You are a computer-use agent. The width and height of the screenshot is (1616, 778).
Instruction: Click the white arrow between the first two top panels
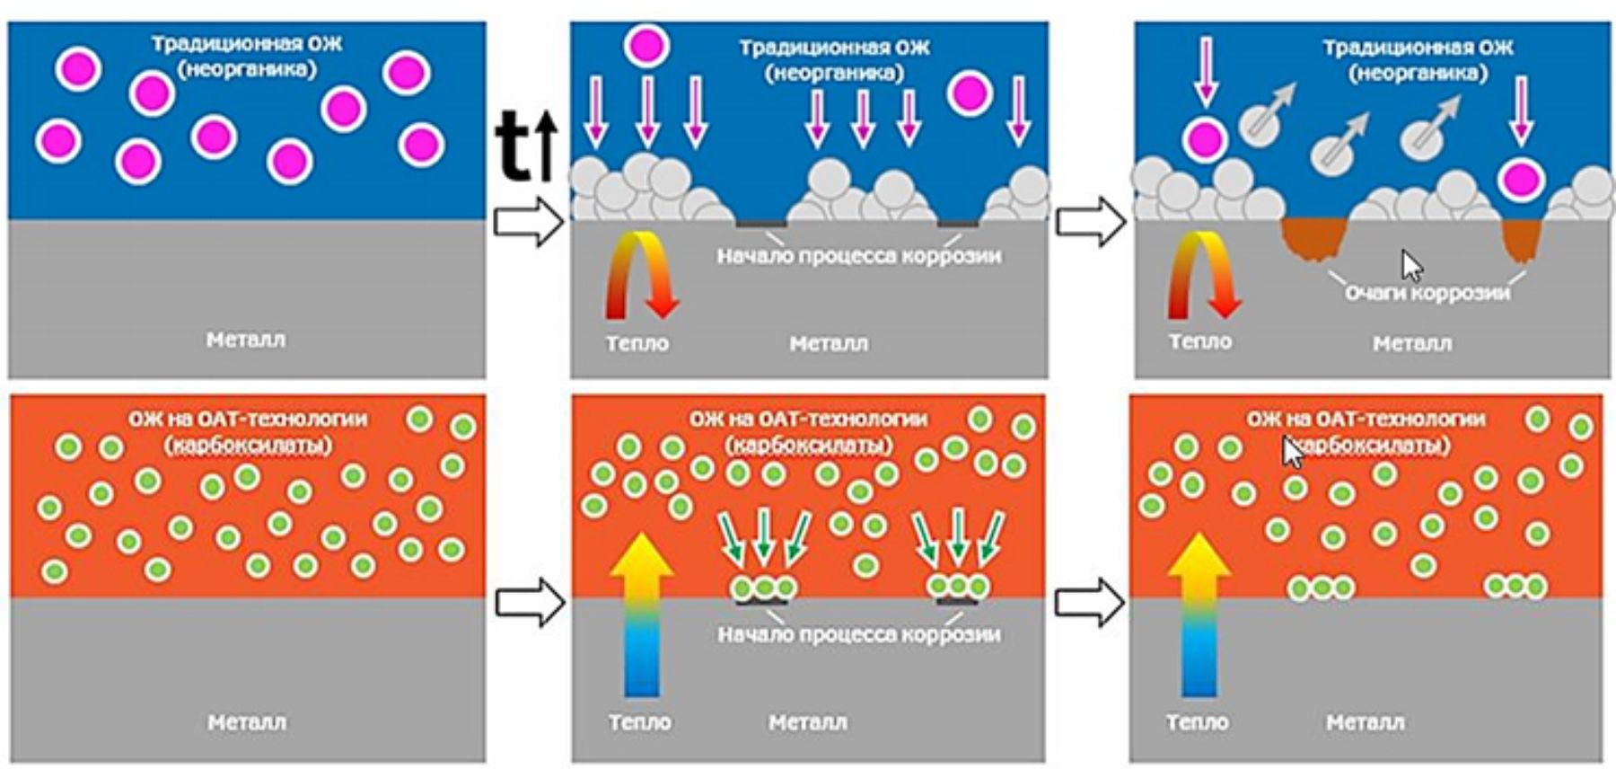click(x=528, y=222)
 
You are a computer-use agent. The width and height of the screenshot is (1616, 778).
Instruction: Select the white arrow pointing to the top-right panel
click(x=1090, y=221)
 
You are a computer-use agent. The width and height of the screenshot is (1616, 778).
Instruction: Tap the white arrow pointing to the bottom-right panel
click(x=1089, y=602)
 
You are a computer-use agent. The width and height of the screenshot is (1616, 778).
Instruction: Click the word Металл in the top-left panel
click(x=246, y=340)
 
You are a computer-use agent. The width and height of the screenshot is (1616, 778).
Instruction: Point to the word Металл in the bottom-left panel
click(x=247, y=721)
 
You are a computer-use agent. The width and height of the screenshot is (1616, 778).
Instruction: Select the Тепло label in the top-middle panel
click(x=637, y=343)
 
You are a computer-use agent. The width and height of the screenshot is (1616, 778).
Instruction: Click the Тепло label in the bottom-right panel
click(x=1197, y=722)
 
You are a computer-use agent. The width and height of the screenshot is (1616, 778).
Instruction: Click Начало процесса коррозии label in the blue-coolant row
click(x=858, y=256)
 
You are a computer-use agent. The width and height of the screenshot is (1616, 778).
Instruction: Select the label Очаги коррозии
click(x=1427, y=293)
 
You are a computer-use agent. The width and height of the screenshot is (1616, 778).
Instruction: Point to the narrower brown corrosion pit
click(x=1521, y=240)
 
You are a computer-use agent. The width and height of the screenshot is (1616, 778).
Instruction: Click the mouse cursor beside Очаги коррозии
click(x=1412, y=266)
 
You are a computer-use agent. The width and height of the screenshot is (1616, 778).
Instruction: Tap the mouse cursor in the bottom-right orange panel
click(x=1292, y=452)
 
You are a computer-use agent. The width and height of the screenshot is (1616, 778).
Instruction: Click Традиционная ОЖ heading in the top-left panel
click(x=247, y=44)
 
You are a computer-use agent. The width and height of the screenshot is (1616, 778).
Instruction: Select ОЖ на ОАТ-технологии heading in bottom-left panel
click(x=248, y=420)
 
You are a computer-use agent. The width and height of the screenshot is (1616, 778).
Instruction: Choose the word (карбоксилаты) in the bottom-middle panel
click(x=808, y=446)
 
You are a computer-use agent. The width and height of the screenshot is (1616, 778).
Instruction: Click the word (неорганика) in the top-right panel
click(x=1418, y=73)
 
